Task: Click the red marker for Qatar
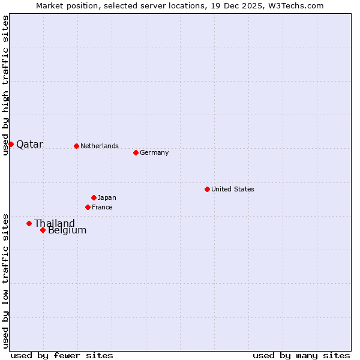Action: click(x=11, y=144)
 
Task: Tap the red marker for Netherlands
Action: click(x=76, y=146)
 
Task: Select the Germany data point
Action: click(x=136, y=152)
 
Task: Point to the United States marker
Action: click(x=207, y=189)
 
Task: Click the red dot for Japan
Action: click(x=94, y=197)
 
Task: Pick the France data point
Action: click(x=88, y=207)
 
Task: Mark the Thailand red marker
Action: click(x=29, y=223)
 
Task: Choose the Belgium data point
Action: click(x=43, y=230)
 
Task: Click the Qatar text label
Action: click(x=29, y=145)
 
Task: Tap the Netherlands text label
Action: click(x=100, y=146)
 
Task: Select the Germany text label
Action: click(x=154, y=152)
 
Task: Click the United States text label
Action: click(x=233, y=189)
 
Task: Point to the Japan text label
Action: click(x=107, y=197)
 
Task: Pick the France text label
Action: click(x=102, y=207)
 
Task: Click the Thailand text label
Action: click(x=55, y=224)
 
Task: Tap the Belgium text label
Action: click(x=67, y=230)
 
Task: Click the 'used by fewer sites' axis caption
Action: click(x=62, y=355)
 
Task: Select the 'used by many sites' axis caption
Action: click(x=301, y=355)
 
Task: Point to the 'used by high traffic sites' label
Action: click(x=5, y=85)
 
